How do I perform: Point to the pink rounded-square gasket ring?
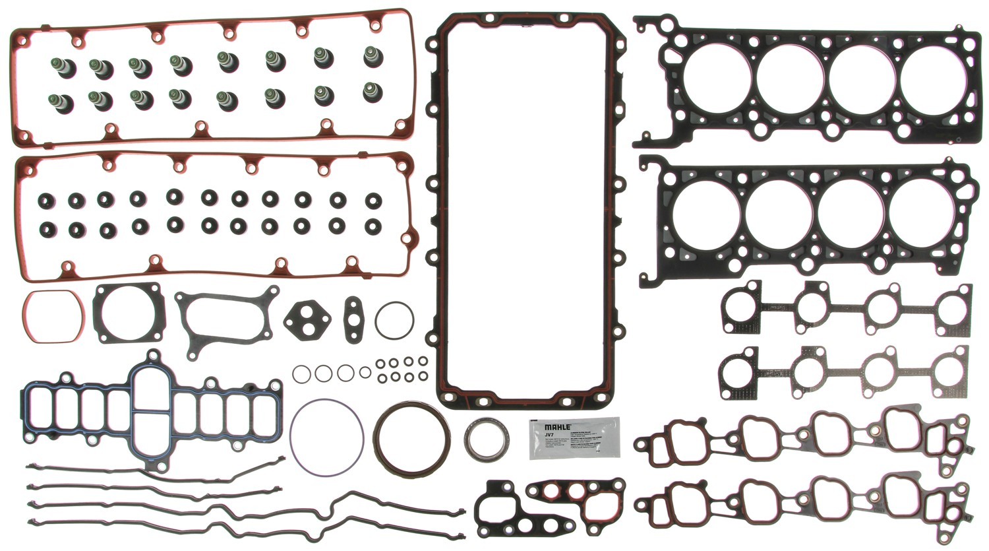(53, 316)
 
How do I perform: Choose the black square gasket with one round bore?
(129, 314)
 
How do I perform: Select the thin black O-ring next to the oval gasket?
(394, 320)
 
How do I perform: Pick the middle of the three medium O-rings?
(323, 373)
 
